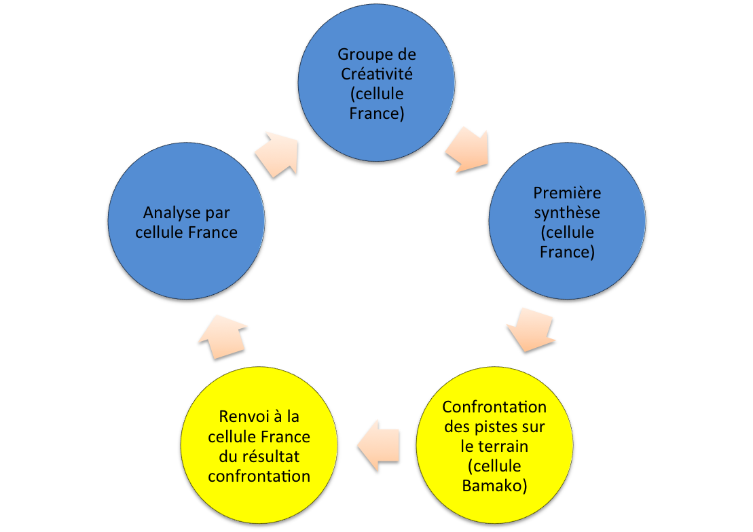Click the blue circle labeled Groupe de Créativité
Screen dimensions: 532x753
377,83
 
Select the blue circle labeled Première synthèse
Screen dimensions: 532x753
567,222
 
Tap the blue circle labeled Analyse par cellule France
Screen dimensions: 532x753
186,222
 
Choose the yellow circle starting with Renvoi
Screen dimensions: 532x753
259,446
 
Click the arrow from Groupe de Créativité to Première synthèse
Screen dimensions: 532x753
467,149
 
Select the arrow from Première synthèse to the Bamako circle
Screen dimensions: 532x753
532,330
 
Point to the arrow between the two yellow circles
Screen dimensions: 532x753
378,446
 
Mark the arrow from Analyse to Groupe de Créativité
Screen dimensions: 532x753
278,154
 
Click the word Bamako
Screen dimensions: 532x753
494,486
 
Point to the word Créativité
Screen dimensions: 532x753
377,73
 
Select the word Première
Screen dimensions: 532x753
567,193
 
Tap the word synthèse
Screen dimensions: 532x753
567,213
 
